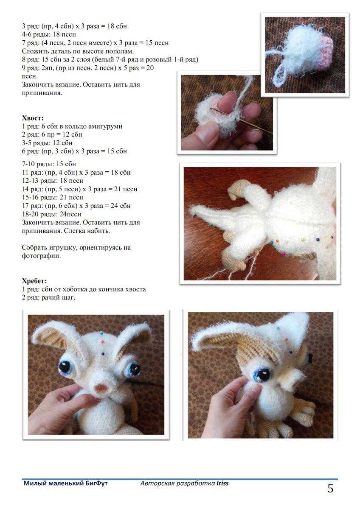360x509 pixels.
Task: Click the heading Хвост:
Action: (33, 118)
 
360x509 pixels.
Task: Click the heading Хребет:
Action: (34, 281)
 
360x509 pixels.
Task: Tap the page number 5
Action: (330, 489)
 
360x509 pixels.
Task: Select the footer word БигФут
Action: (97, 483)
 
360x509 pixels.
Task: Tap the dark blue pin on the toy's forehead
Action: (103, 354)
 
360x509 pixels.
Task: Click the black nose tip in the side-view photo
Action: (309, 358)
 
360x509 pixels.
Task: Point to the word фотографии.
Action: (41, 256)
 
